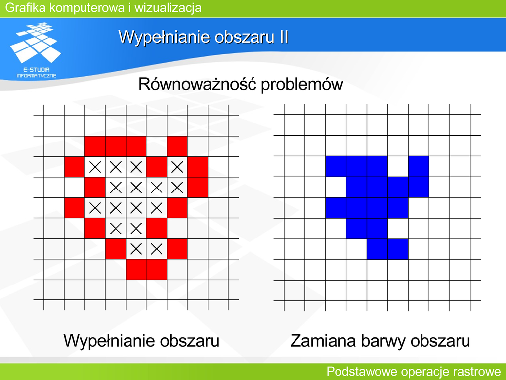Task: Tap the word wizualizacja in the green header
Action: pyautogui.click(x=168, y=8)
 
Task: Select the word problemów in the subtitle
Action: pyautogui.click(x=302, y=85)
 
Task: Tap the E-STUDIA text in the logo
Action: pyautogui.click(x=37, y=69)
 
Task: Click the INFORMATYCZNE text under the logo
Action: pyautogui.click(x=37, y=76)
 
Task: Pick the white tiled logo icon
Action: pyautogui.click(x=35, y=43)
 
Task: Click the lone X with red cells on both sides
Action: pyautogui.click(x=177, y=167)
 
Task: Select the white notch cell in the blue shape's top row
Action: pyautogui.click(x=398, y=166)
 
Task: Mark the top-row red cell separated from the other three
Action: pyautogui.click(x=177, y=146)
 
